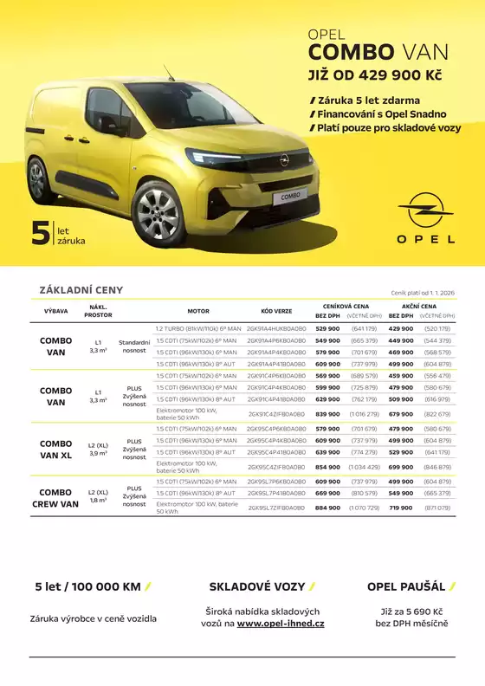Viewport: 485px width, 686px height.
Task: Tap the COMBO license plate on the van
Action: tap(290, 197)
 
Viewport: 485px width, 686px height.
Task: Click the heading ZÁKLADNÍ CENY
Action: tap(81, 290)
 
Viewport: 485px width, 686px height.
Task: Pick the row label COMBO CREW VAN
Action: tap(56, 498)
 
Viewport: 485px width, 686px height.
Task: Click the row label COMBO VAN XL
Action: tap(56, 449)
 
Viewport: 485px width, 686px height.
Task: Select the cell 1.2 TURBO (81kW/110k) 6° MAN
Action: tap(197, 329)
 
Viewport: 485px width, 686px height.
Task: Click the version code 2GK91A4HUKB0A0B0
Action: tap(276, 329)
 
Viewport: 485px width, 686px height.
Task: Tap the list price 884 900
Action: tap(327, 508)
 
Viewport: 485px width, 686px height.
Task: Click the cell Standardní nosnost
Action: tap(134, 346)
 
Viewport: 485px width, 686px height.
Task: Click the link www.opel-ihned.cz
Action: tap(281, 624)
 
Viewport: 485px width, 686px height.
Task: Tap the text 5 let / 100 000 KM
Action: tap(87, 586)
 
